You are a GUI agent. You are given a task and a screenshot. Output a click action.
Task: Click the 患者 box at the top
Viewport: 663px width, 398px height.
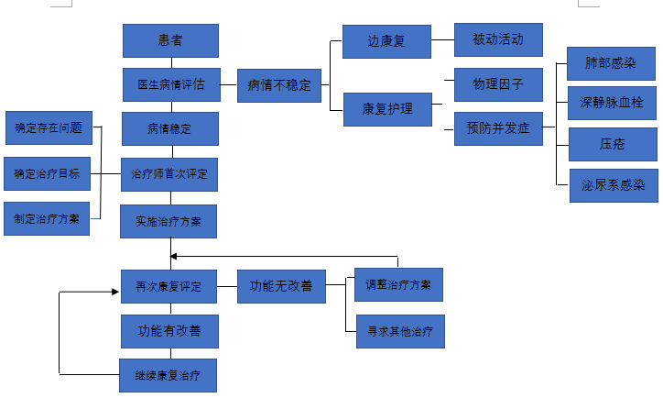(x=170, y=41)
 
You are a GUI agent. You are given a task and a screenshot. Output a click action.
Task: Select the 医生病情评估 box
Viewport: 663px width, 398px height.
(x=170, y=84)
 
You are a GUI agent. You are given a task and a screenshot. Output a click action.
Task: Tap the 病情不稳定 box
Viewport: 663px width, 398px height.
(x=279, y=85)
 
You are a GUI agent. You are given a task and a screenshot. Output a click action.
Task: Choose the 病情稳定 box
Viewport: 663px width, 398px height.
(x=170, y=128)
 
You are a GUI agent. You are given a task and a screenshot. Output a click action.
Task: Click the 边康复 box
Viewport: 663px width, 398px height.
(x=386, y=42)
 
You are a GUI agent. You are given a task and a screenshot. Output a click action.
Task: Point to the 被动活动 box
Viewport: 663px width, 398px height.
(x=498, y=40)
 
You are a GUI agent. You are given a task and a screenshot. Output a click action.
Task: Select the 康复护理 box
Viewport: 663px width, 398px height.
(x=386, y=109)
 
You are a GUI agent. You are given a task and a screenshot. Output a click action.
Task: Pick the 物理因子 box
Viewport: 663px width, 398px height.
(x=498, y=84)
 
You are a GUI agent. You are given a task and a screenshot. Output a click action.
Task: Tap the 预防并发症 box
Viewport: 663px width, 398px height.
(x=498, y=128)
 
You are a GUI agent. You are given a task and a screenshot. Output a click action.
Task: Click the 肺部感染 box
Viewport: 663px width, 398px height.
(x=612, y=63)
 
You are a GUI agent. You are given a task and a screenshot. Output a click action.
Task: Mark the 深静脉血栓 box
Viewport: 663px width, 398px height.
(x=612, y=103)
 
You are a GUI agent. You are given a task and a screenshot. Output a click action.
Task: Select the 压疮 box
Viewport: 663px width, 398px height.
(x=612, y=144)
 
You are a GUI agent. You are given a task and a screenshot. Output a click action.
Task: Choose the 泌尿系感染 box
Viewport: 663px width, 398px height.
(x=612, y=184)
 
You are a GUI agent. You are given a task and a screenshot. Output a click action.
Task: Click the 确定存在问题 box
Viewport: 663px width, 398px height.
(x=49, y=128)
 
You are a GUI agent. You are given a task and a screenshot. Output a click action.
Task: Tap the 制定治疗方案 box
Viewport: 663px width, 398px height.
(x=47, y=218)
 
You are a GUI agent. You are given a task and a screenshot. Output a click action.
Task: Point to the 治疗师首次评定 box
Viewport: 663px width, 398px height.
(x=170, y=173)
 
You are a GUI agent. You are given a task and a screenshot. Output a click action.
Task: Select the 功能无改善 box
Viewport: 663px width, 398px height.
(x=281, y=286)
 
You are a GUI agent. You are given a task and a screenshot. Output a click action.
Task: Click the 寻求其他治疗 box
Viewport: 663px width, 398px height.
(x=400, y=330)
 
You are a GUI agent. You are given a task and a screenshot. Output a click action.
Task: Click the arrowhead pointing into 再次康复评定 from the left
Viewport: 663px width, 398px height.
(x=116, y=293)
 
